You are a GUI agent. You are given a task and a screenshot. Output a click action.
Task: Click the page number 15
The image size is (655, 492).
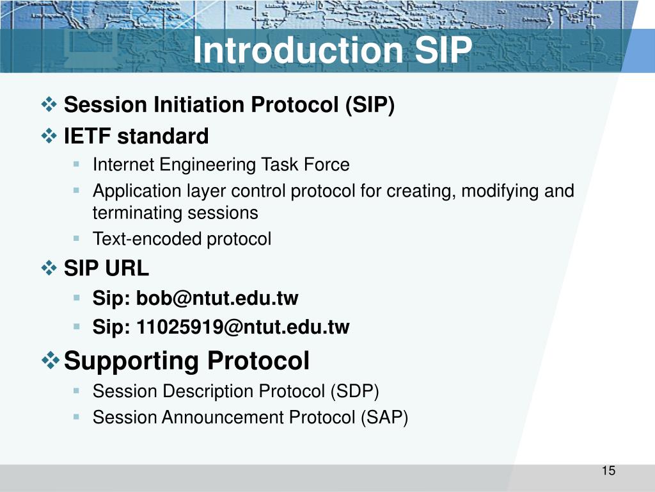click(x=609, y=471)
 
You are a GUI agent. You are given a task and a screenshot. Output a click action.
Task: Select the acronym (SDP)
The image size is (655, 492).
click(x=354, y=391)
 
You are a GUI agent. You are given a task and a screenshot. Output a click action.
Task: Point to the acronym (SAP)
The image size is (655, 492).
click(x=384, y=418)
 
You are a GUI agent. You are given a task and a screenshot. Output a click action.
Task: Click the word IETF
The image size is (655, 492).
click(x=87, y=136)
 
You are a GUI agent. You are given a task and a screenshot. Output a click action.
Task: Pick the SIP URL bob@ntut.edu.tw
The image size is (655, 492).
click(x=217, y=299)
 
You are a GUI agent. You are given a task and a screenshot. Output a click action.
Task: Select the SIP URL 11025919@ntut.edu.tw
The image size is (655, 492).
click(x=243, y=327)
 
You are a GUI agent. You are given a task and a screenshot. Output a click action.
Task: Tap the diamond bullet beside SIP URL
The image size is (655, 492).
click(x=49, y=268)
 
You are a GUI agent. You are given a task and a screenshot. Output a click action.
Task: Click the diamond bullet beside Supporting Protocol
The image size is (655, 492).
click(x=50, y=360)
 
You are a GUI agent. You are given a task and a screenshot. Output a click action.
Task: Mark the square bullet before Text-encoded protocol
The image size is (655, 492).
click(x=76, y=238)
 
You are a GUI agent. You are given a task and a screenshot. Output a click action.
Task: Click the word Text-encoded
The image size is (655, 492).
click(x=148, y=239)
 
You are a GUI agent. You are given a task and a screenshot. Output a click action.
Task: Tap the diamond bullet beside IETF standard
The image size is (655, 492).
click(x=49, y=136)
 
